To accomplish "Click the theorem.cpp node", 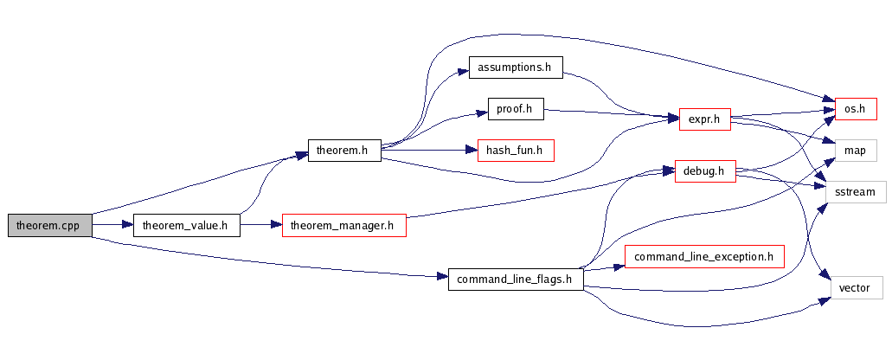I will point(48,226).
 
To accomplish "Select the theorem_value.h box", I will point(185,226).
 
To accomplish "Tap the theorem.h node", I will point(343,151).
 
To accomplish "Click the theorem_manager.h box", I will point(343,226).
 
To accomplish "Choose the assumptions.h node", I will point(515,67).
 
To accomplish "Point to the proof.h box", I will point(515,109).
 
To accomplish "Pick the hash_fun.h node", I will point(515,151).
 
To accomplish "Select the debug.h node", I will point(699,171).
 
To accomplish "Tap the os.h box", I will point(855,109).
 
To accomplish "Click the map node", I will point(855,151).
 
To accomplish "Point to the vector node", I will point(855,287).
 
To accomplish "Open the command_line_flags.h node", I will point(515,279).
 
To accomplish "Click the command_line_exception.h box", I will point(703,256).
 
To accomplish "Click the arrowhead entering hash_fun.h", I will point(472,151).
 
